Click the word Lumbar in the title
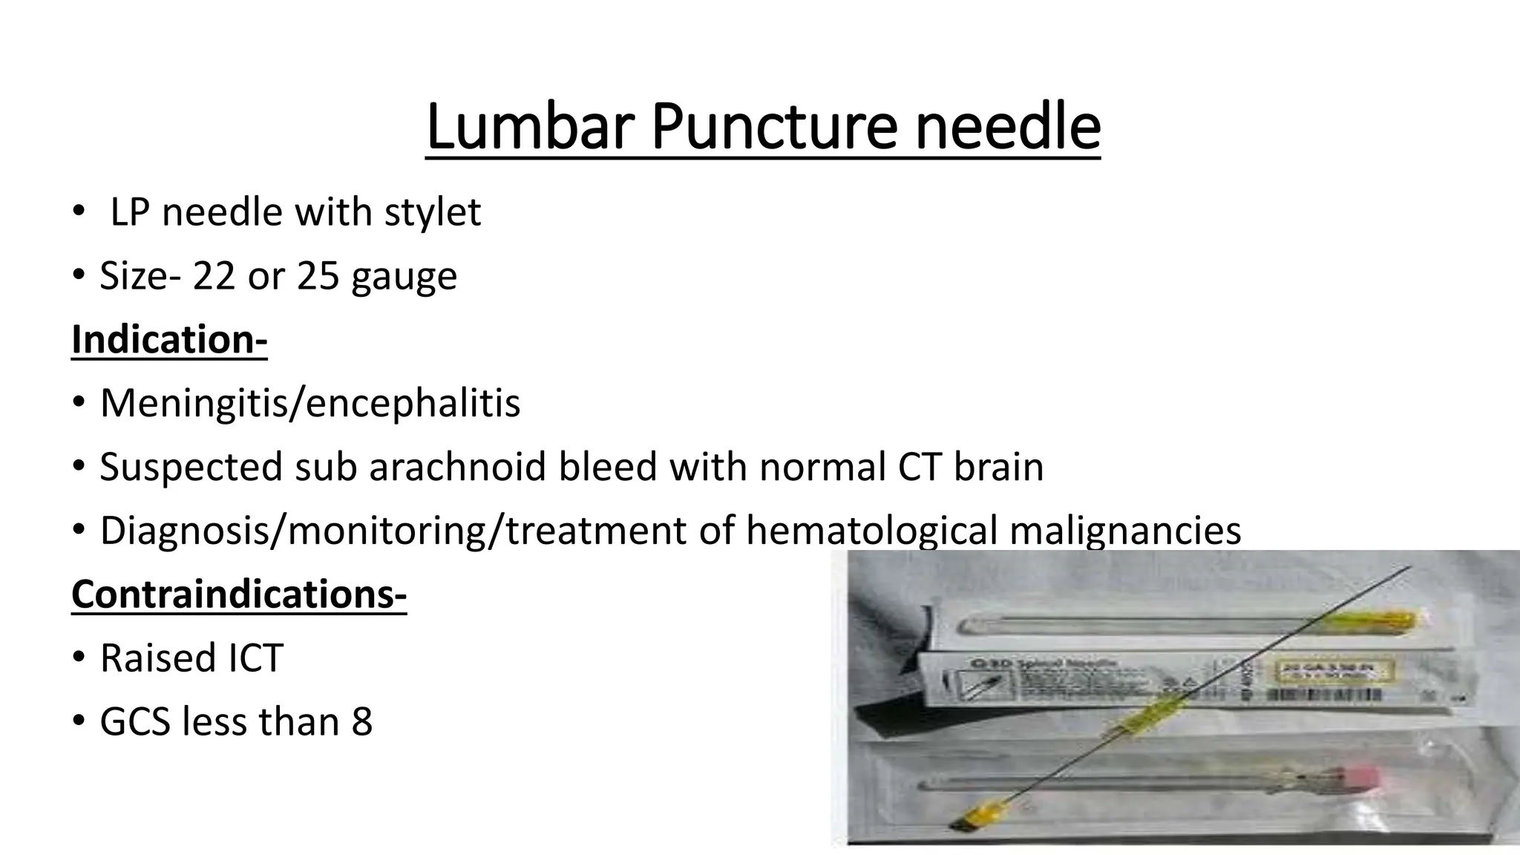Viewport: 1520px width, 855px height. (530, 127)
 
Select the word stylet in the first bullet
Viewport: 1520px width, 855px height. (432, 212)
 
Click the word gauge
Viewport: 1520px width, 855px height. (404, 278)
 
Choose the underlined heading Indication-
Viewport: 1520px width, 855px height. (169, 340)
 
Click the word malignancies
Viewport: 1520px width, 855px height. (1125, 531)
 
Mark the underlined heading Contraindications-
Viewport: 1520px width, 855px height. (239, 594)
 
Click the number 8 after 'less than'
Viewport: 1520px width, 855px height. (361, 722)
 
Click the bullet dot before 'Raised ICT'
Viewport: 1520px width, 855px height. (79, 658)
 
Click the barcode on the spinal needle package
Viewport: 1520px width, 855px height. (1325, 696)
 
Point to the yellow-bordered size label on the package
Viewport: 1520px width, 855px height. (1334, 673)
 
